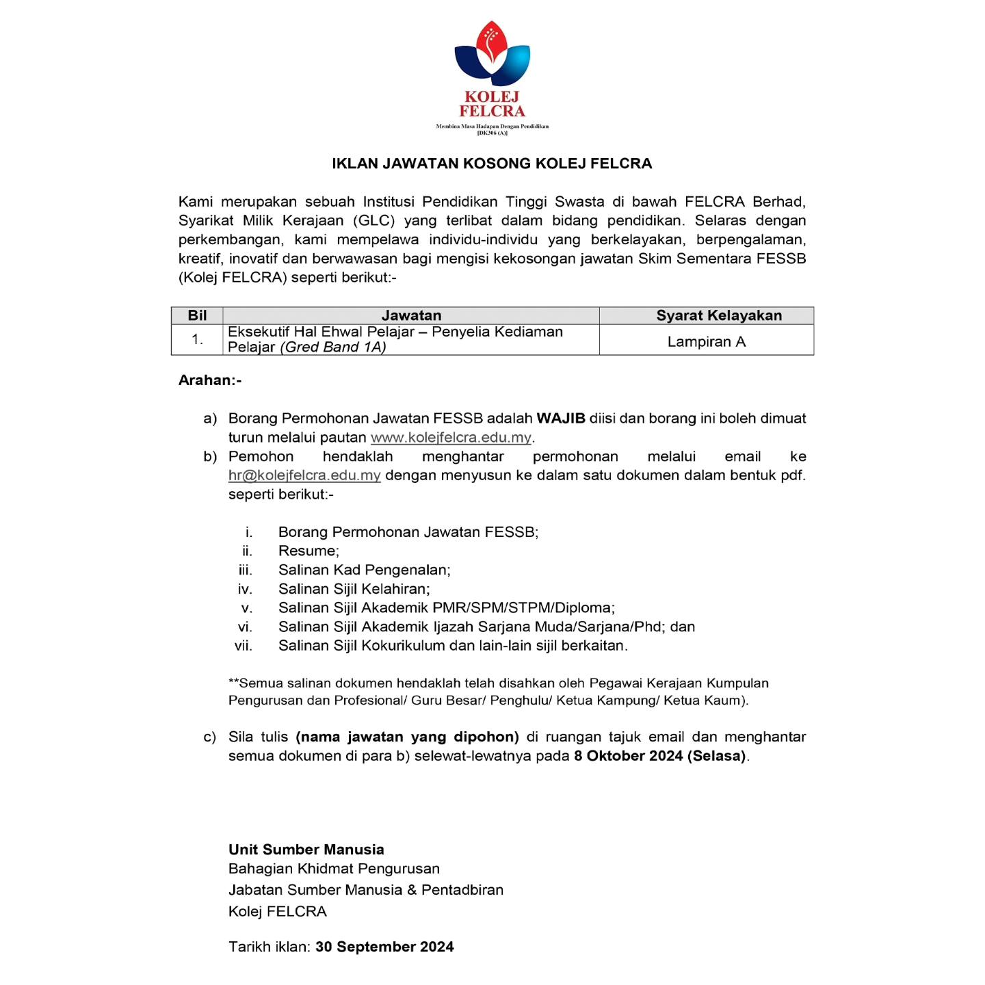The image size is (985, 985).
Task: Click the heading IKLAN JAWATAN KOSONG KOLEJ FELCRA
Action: pos(492,163)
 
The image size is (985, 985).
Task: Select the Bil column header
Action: pos(197,315)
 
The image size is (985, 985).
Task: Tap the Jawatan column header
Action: pos(411,315)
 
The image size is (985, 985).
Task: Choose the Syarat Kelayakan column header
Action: pos(719,315)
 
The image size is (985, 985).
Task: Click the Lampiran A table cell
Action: pos(706,342)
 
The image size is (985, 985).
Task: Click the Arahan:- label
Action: pos(210,380)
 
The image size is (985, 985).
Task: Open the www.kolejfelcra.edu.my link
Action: pos(451,438)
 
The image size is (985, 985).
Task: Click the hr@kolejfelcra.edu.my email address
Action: pos(304,475)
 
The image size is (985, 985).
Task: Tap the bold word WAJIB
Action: pos(561,419)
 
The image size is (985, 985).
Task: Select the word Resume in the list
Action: pos(307,551)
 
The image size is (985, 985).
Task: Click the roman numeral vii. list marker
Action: pos(244,646)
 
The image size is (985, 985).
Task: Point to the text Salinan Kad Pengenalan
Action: pos(363,570)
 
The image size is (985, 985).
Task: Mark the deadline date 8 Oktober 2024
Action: pos(629,756)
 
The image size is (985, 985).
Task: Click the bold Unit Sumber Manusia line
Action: pos(306,850)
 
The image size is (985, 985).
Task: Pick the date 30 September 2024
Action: pos(384,947)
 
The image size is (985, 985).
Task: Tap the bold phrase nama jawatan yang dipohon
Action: pos(407,737)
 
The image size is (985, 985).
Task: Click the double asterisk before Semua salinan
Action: pos(233,682)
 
